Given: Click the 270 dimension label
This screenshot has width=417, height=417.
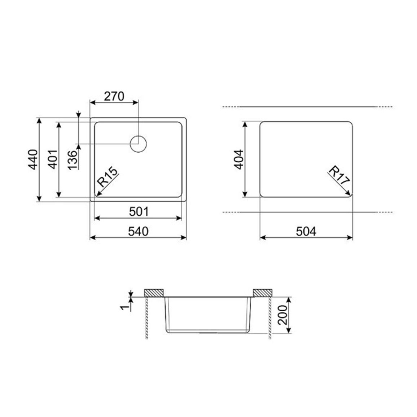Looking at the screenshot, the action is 114,96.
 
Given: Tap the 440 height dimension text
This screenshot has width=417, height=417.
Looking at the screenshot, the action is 33,159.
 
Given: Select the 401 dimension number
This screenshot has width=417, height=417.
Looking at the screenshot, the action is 53,159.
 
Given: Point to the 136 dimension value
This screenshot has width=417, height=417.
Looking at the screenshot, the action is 73,160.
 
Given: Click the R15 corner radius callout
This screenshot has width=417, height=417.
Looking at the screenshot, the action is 107,177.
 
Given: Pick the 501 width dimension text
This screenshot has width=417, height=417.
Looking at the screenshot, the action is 139,212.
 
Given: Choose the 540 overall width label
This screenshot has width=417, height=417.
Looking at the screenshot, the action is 138,231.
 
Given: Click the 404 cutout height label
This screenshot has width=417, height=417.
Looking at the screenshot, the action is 238,159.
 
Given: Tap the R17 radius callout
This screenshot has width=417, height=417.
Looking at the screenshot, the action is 339,175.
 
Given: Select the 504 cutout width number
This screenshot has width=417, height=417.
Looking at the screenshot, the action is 306,231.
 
